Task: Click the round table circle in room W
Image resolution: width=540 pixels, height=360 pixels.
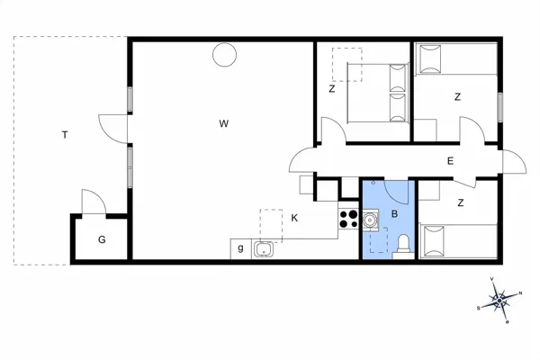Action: point(224,55)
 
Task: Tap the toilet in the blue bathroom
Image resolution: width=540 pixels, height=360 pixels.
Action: point(403,246)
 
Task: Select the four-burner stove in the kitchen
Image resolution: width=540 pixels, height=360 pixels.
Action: point(348,219)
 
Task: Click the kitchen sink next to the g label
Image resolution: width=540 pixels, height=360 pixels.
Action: point(264,249)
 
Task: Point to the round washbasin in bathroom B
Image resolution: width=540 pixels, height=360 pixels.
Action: point(370,219)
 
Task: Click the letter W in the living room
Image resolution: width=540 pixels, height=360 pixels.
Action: point(224,123)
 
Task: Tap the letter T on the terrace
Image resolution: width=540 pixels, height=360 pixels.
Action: point(65,135)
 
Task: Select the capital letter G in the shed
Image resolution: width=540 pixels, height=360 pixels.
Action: point(102,239)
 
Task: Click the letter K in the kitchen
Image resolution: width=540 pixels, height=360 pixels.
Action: point(294,218)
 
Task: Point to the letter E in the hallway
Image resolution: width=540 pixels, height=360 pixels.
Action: point(450,161)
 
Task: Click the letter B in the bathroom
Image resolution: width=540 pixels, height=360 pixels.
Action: point(395,214)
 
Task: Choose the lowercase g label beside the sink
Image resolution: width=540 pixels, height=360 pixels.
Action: point(240,248)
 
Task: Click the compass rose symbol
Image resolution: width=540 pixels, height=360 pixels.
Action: point(499,301)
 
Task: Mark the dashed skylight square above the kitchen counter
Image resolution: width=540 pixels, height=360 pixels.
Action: point(271,226)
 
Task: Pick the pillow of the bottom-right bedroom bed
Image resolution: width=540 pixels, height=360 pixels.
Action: point(434,241)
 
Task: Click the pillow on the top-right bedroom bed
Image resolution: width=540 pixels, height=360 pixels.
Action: point(430,58)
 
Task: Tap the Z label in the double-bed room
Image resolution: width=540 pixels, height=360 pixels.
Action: point(331,89)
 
